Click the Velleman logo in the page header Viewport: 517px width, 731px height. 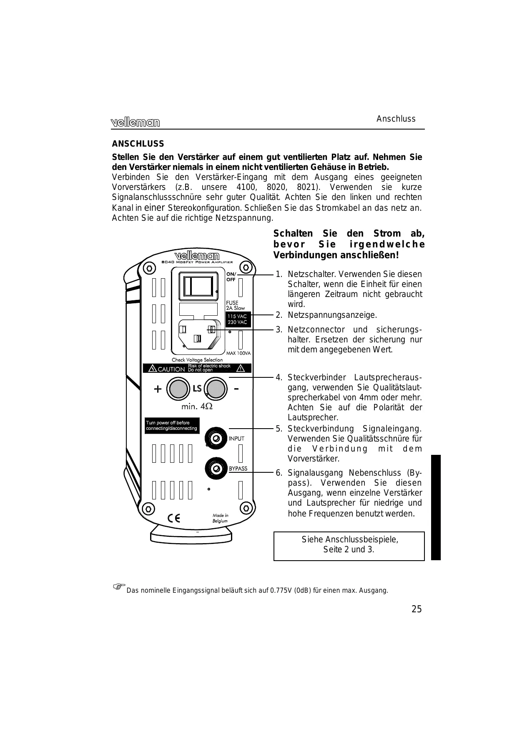tap(136, 122)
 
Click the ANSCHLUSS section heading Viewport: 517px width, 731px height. tap(138, 144)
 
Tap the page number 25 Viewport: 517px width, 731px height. tap(417, 609)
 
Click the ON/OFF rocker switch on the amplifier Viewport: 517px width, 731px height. tap(198, 286)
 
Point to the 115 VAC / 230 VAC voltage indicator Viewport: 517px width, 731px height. tap(237, 319)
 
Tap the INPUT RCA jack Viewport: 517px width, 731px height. tap(216, 438)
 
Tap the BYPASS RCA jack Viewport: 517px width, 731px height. tap(216, 468)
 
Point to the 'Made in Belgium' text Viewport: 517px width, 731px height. tap(220, 518)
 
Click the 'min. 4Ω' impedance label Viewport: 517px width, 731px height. tap(197, 407)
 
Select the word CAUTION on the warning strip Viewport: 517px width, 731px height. tap(171, 369)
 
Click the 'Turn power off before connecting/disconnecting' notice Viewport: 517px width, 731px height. tap(171, 426)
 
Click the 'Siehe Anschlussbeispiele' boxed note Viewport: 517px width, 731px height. tap(349, 544)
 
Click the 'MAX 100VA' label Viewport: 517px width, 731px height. tap(238, 353)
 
